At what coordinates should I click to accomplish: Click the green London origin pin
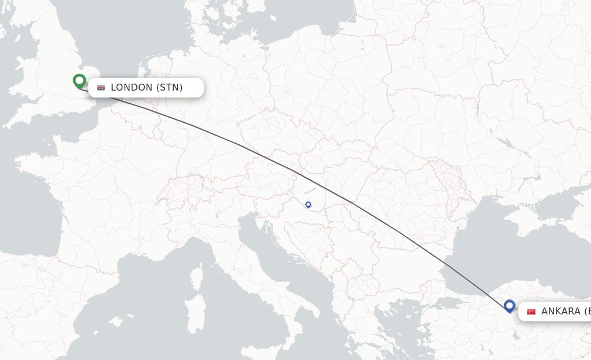pyautogui.click(x=80, y=81)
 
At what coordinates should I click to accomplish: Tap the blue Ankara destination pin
pyautogui.click(x=509, y=305)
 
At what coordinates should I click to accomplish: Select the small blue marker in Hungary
pyautogui.click(x=308, y=204)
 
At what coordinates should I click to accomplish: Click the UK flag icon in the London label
pyautogui.click(x=101, y=88)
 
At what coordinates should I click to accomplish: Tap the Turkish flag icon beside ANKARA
pyautogui.click(x=531, y=312)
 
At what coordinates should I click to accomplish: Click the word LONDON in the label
pyautogui.click(x=132, y=88)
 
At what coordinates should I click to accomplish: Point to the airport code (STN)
pyautogui.click(x=169, y=88)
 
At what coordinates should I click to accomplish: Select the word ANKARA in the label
pyautogui.click(x=560, y=312)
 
